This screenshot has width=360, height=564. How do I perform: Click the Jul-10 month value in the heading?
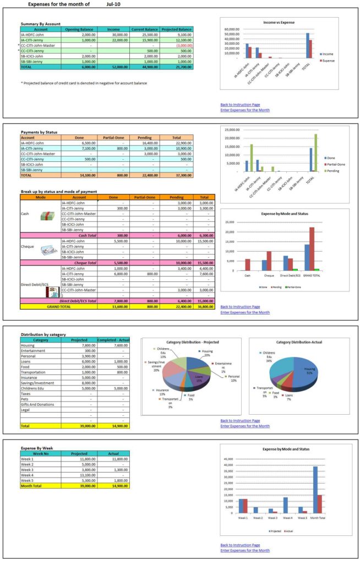114,4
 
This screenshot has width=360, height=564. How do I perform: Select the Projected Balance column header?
177,29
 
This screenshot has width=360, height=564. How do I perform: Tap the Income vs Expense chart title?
279,23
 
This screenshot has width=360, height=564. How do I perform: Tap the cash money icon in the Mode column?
47,216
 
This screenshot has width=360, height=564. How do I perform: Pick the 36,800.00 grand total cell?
204,306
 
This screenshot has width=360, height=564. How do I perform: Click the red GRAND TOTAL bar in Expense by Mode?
312,248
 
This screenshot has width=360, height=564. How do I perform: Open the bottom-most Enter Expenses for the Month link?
245,550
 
